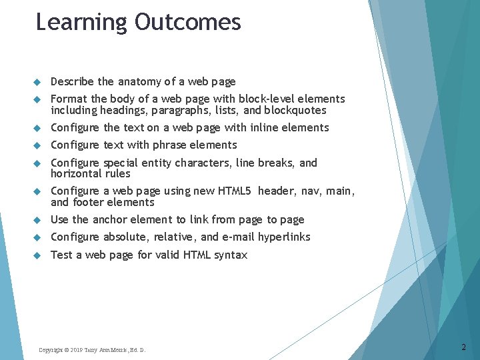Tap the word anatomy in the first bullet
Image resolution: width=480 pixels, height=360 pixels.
(x=139, y=82)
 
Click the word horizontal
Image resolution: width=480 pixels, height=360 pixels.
(x=76, y=173)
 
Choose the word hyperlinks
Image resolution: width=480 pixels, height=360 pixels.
(x=284, y=237)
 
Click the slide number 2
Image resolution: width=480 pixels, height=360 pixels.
(x=464, y=347)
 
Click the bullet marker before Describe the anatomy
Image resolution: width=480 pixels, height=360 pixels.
(x=37, y=82)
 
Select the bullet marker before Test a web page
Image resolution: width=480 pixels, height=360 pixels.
(x=37, y=255)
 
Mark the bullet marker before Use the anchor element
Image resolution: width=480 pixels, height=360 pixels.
(x=37, y=219)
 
